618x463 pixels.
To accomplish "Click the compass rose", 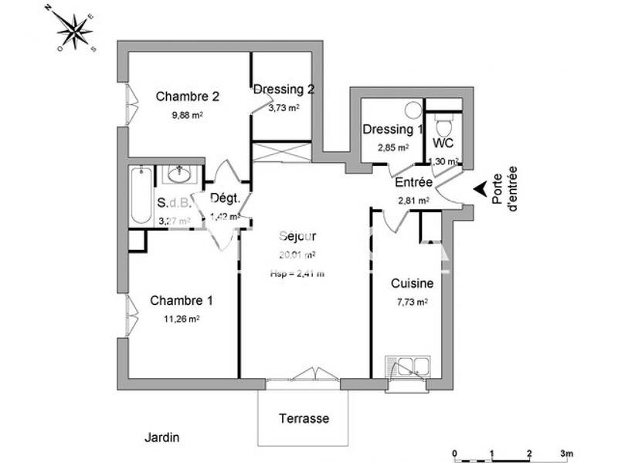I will [75, 31].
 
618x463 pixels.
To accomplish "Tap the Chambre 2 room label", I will [188, 96].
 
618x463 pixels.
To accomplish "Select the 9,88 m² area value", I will [186, 116].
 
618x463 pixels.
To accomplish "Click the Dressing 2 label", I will [284, 90].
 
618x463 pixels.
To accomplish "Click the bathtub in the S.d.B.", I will [141, 195].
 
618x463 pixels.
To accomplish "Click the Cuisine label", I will [412, 283].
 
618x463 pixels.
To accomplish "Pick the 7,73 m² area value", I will [410, 302].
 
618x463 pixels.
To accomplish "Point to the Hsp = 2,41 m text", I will [297, 273].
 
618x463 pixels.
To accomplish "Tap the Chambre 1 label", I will [181, 300].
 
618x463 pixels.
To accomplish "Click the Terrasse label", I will [304, 419].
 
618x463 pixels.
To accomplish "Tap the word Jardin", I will [162, 438].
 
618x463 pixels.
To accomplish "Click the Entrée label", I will [413, 183].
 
